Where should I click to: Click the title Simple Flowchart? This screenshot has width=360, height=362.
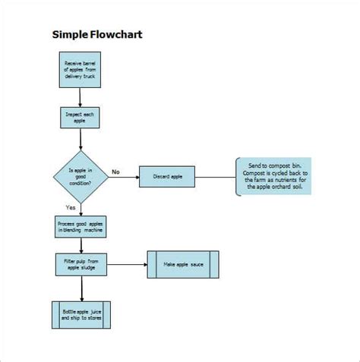coord(96,34)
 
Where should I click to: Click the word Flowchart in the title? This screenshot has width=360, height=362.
coord(115,34)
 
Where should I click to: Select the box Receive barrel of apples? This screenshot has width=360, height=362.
coord(80,69)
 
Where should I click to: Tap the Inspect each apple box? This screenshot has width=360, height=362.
coord(80,117)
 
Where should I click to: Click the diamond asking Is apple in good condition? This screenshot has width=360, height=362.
coord(81,176)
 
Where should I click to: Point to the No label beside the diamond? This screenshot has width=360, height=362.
coord(116,172)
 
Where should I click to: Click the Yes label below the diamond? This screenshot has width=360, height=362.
coord(71,207)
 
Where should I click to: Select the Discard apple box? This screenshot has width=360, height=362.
coord(166,178)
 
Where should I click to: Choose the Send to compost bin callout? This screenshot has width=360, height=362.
coord(273,177)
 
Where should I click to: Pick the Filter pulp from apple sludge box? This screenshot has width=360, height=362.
coord(80,264)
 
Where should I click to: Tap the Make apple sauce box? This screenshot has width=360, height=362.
coord(183,264)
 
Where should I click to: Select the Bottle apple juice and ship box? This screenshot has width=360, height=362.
coord(81,314)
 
